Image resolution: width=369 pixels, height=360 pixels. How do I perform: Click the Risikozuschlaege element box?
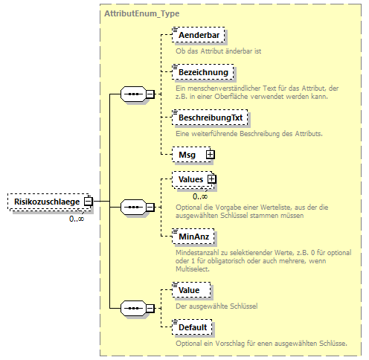[45, 201]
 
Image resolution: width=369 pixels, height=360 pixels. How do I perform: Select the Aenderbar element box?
[198, 35]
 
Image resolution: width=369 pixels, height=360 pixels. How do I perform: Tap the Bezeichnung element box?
[202, 72]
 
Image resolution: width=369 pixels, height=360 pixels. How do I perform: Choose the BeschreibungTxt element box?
[210, 118]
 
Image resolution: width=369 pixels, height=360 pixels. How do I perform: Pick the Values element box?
[189, 179]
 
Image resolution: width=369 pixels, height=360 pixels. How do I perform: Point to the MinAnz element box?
[192, 236]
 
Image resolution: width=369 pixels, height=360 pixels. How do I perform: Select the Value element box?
[190, 289]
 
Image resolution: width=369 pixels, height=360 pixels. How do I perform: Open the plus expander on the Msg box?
[210, 154]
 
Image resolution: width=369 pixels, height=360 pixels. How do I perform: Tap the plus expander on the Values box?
[212, 179]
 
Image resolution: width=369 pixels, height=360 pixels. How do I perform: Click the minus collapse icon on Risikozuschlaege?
[88, 201]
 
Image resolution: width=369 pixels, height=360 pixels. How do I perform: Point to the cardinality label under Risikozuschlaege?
[77, 218]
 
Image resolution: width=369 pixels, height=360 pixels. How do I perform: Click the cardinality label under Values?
[200, 196]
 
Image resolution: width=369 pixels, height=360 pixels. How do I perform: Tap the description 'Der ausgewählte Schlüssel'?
[216, 305]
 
